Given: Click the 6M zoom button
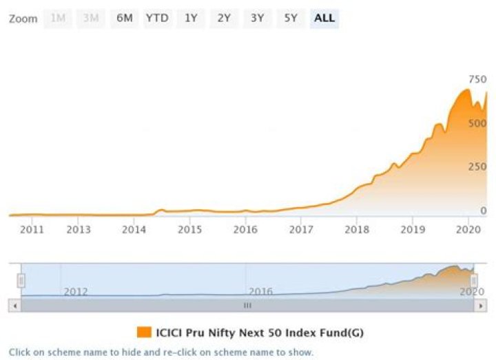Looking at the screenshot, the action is pyautogui.click(x=125, y=19).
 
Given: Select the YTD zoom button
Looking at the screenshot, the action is pyautogui.click(x=157, y=19).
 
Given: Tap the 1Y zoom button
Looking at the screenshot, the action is pyautogui.click(x=191, y=19).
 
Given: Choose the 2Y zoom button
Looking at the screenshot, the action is pyautogui.click(x=224, y=19).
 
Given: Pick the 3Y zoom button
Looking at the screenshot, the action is pyautogui.click(x=257, y=19).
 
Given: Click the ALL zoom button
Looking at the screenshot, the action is pyautogui.click(x=324, y=19).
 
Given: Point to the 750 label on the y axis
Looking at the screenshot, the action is pyautogui.click(x=477, y=79).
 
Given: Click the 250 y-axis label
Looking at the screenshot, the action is pyautogui.click(x=477, y=167).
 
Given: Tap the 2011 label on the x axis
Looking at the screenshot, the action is pyautogui.click(x=32, y=229).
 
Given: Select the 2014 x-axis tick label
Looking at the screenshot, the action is pyautogui.click(x=134, y=229).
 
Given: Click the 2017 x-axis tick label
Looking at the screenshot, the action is pyautogui.click(x=301, y=229).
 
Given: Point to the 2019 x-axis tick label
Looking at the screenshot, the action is pyautogui.click(x=413, y=229).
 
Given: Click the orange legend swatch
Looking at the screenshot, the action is pyautogui.click(x=144, y=332).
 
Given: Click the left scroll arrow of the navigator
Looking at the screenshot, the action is pyautogui.click(x=15, y=306).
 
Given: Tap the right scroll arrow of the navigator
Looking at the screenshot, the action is pyautogui.click(x=481, y=306).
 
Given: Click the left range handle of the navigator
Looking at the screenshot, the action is pyautogui.click(x=21, y=280).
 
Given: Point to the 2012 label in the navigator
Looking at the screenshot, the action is pyautogui.click(x=76, y=291).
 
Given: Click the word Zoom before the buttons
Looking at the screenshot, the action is pyautogui.click(x=23, y=19).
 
